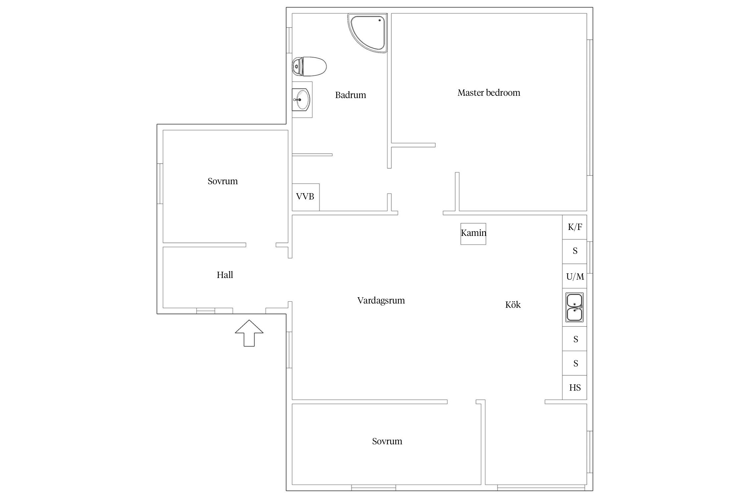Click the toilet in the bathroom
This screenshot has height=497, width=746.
pos(309,66)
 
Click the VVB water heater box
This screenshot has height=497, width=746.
pos(305,197)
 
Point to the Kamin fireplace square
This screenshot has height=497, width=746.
pos(473,234)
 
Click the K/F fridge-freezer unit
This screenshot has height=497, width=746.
pos(575,227)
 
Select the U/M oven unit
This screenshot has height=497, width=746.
pos(575,276)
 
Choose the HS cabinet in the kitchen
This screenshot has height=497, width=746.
pos(575,387)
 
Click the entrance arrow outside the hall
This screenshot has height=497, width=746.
pos(249,333)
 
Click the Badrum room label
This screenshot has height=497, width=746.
pos(350,95)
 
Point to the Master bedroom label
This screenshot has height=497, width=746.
pos(489,93)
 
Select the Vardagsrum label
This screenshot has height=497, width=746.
pos(381,301)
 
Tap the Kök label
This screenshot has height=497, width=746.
pos(513,304)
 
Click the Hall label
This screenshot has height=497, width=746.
pos(225,275)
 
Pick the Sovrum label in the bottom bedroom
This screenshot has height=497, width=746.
pos(387,441)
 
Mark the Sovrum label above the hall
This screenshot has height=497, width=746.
pos(222,181)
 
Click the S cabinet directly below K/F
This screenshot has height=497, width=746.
pos(575,252)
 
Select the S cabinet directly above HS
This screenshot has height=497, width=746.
pos(575,363)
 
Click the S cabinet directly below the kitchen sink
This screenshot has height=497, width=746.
pos(575,339)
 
